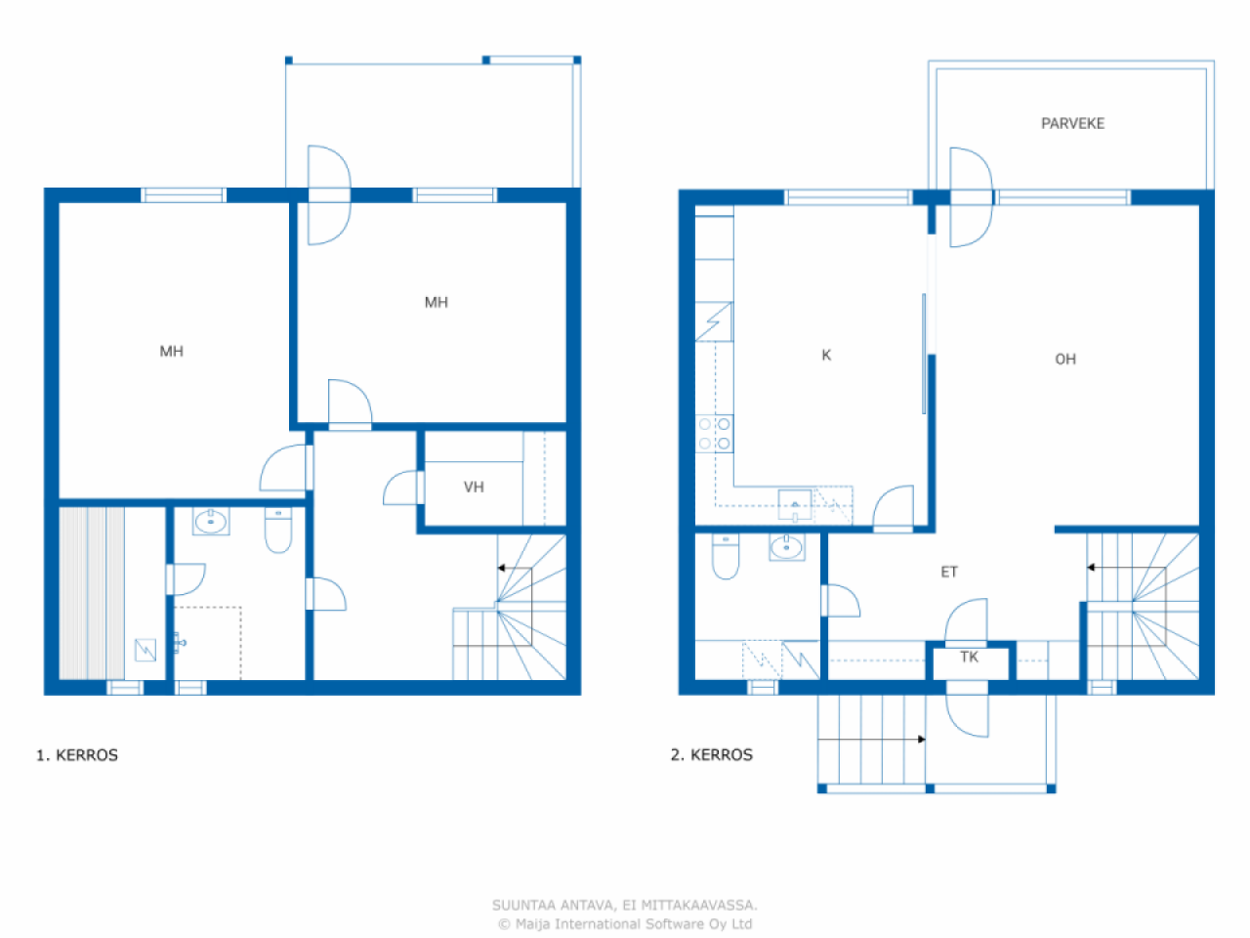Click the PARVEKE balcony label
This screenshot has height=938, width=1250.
click(x=1072, y=123)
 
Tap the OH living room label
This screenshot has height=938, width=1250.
click(x=1064, y=360)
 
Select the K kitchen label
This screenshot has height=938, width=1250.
click(x=826, y=356)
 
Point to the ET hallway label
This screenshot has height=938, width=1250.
click(x=949, y=572)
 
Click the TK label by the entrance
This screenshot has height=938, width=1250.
click(x=969, y=658)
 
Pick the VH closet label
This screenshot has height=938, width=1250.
click(x=474, y=487)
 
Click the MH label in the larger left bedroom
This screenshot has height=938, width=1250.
click(x=172, y=352)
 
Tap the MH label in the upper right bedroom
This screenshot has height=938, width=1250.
click(x=437, y=303)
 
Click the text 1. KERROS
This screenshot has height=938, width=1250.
click(x=77, y=755)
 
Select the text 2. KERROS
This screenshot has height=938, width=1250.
click(x=711, y=754)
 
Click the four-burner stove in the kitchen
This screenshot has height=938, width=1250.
click(x=714, y=434)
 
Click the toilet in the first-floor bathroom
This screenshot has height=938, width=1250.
click(x=278, y=530)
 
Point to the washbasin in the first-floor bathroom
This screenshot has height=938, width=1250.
click(x=211, y=522)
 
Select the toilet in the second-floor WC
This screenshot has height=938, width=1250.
click(x=726, y=556)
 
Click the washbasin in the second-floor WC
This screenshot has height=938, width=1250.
click(x=786, y=547)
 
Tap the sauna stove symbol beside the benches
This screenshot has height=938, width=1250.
click(x=146, y=650)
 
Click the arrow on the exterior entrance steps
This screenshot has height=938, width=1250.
click(x=871, y=740)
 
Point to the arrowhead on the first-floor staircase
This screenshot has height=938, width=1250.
click(x=501, y=568)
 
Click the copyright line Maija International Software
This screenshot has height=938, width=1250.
click(x=625, y=923)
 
